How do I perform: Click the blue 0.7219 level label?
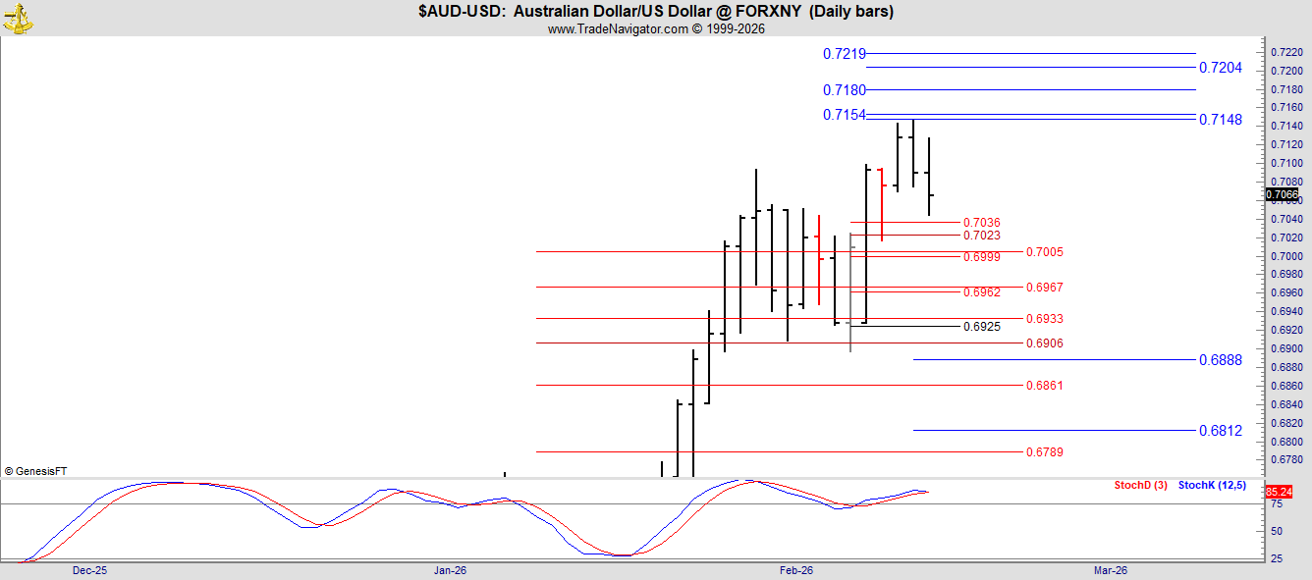844,54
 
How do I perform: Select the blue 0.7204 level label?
1221,68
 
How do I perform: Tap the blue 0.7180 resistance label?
844,90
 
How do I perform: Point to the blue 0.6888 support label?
1221,360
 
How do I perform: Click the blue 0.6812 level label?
1221,431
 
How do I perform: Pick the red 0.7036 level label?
982,223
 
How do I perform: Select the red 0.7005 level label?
1044,252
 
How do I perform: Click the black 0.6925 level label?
982,327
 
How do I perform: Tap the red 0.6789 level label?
1044,451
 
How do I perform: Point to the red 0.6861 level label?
1044,385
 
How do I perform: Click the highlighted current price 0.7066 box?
1282,194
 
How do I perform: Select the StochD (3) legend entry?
1140,485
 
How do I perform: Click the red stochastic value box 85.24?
1279,492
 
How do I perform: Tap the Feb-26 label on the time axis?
796,570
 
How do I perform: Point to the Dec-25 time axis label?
89,570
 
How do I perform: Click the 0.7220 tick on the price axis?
1286,53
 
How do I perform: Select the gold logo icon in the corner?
18,19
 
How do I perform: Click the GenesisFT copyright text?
35,471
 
